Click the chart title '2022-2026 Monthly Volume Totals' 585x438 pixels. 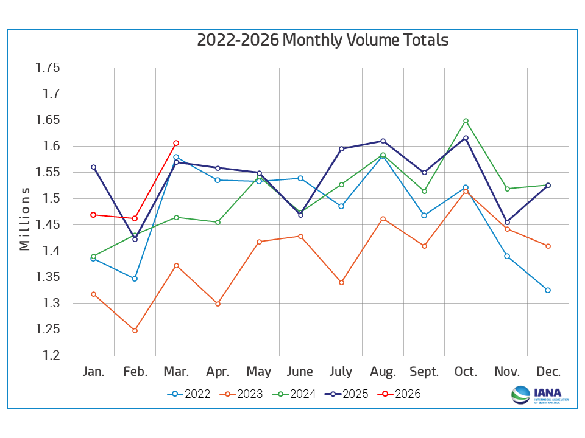322,40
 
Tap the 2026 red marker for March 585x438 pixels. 176,143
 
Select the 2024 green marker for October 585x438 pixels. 466,120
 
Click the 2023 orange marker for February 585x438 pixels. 135,330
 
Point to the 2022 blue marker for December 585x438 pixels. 548,290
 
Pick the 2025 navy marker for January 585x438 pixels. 93,167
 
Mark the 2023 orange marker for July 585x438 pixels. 341,282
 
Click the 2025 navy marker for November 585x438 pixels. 507,222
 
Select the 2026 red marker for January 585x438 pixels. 93,215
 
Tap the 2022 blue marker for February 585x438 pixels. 135,279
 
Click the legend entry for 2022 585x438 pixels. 189,394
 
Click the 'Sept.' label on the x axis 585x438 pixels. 424,372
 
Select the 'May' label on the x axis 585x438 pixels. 259,372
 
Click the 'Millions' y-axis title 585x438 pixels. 24,218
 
